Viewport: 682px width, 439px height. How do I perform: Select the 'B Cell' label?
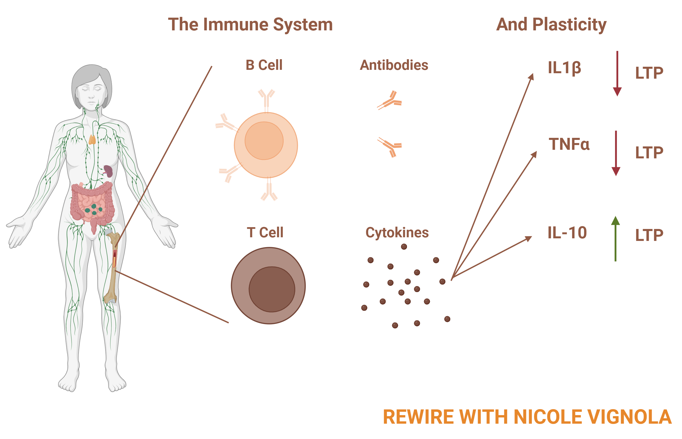[264, 65]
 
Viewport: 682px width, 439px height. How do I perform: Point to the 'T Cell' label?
[265, 232]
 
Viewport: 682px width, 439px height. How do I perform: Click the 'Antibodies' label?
[394, 65]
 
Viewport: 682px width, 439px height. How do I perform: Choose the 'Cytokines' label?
[397, 233]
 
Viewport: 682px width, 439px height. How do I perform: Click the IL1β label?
[564, 68]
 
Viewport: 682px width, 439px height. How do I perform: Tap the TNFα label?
[569, 144]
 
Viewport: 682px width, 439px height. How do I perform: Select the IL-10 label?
[567, 233]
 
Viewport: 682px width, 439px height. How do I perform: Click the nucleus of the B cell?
[264, 140]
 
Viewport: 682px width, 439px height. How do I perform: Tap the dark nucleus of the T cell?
[272, 289]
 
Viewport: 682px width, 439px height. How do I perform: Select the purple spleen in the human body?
[108, 171]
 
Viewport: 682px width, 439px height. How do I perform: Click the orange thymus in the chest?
[92, 139]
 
